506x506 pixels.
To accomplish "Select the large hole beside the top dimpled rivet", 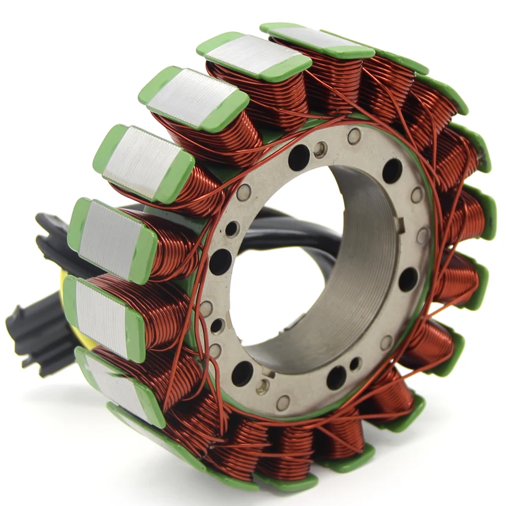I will (x=299, y=158).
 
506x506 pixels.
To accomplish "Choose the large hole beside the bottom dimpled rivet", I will (x=242, y=373).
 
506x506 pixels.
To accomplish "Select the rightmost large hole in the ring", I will (x=408, y=279).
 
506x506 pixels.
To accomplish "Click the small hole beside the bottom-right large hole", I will (x=355, y=364).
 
